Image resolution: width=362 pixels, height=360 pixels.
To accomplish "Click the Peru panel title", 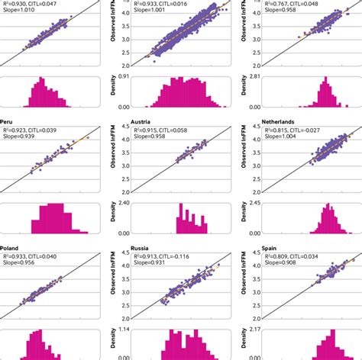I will coord(11,122).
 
